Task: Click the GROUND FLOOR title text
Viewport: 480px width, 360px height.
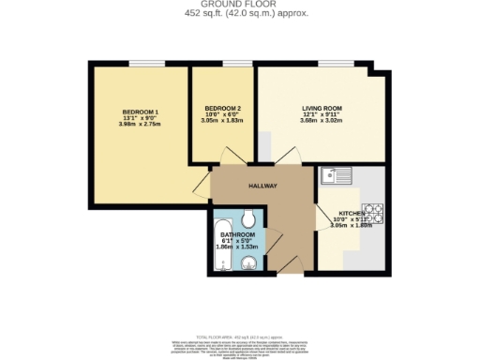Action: click(239, 5)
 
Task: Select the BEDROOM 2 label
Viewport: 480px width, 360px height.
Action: click(223, 109)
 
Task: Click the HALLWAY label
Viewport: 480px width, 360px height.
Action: click(262, 186)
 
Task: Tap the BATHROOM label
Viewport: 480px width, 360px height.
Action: click(236, 235)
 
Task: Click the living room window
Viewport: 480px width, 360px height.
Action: click(335, 65)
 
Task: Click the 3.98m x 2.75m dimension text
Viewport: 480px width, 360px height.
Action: click(139, 125)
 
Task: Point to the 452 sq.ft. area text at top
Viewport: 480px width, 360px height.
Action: click(239, 14)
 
